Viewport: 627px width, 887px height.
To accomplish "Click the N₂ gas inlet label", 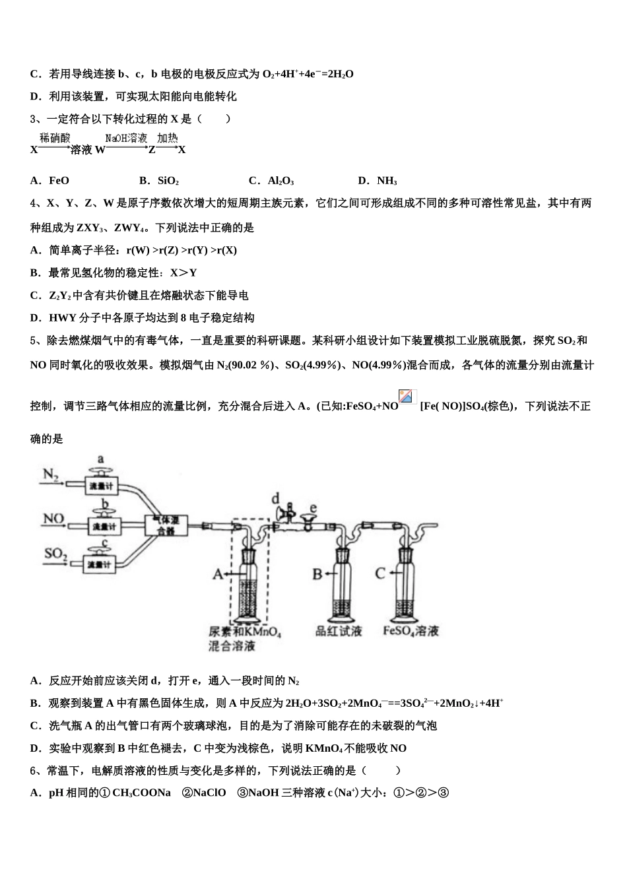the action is [x=51, y=475].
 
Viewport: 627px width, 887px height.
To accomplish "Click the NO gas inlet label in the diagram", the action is [x=53, y=519].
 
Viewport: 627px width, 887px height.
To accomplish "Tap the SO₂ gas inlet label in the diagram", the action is [x=56, y=553].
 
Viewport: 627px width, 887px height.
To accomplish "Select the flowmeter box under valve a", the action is [x=102, y=486].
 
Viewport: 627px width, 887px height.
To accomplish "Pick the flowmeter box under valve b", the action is [x=104, y=527].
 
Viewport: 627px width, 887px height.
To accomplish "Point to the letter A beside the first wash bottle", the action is [x=218, y=575].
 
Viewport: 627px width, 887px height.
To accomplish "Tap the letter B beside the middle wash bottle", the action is [x=317, y=574].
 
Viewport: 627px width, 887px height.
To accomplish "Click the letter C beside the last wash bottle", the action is [x=380, y=573].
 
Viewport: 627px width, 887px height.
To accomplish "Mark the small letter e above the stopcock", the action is [x=313, y=507].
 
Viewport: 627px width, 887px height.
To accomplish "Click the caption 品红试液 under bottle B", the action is [x=339, y=631].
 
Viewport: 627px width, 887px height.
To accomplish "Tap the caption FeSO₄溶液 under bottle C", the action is [x=411, y=631].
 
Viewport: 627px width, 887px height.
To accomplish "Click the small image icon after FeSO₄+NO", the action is [x=407, y=397].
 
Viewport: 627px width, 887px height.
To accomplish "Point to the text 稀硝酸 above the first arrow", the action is [x=55, y=139].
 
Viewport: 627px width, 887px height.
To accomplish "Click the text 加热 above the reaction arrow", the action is [x=168, y=139].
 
